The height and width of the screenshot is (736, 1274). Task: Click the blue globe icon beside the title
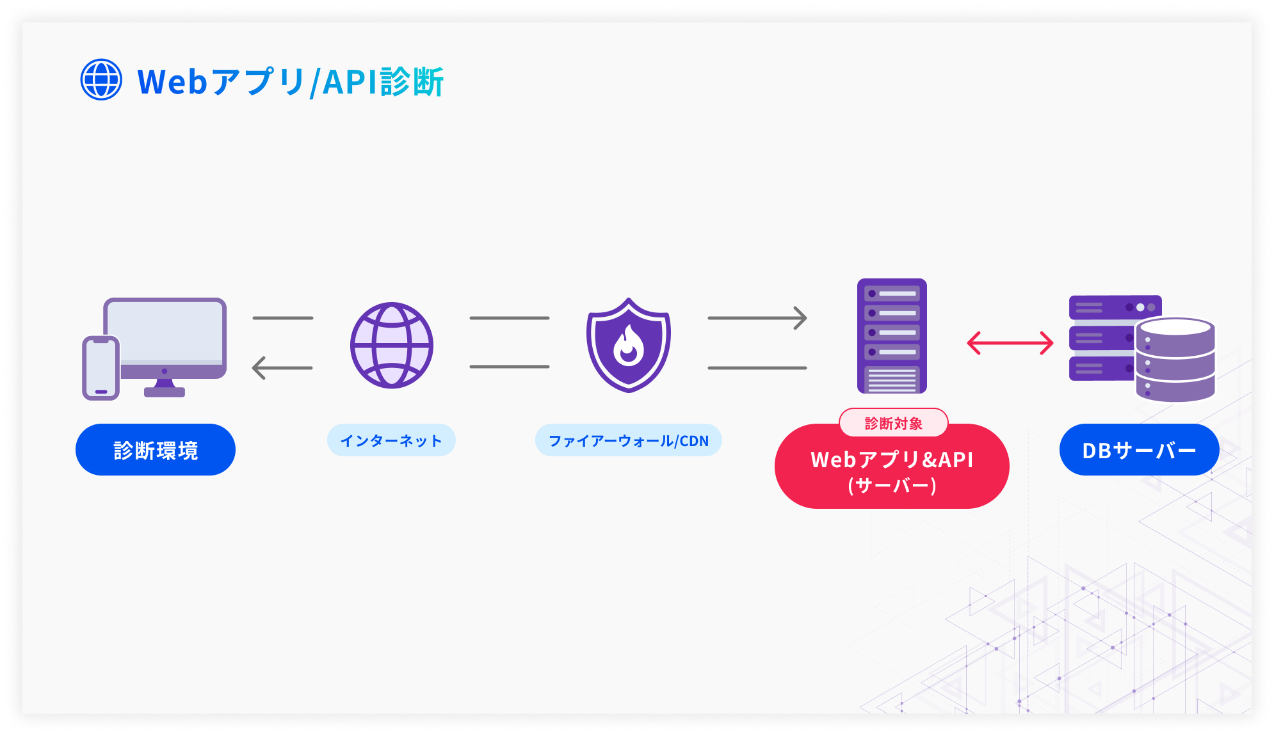pyautogui.click(x=101, y=80)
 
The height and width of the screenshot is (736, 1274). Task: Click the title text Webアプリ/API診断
pyautogui.click(x=290, y=82)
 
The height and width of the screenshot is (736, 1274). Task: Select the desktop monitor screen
pyautogui.click(x=165, y=332)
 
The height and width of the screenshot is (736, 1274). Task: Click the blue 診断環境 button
pyautogui.click(x=156, y=450)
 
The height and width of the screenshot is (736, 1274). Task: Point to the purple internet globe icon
pyautogui.click(x=392, y=345)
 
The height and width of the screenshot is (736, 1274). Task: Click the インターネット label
pyautogui.click(x=391, y=440)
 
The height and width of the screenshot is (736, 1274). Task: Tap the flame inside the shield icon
pyautogui.click(x=629, y=346)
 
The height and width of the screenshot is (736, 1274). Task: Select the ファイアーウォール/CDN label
pyautogui.click(x=629, y=440)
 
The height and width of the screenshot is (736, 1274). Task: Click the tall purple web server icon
pyautogui.click(x=892, y=335)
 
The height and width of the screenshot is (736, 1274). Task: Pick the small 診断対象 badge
pyautogui.click(x=893, y=423)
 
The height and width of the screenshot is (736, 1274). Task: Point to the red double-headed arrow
pyautogui.click(x=1010, y=343)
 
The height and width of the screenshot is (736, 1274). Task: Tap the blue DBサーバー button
pyautogui.click(x=1139, y=450)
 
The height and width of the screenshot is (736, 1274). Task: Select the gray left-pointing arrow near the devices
pyautogui.click(x=282, y=368)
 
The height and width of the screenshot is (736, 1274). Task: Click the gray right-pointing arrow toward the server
pyautogui.click(x=757, y=317)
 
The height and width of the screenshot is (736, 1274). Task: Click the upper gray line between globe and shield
pyautogui.click(x=510, y=317)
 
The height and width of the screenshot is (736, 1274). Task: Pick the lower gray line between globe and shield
pyautogui.click(x=510, y=367)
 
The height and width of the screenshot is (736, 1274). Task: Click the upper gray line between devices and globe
pyautogui.click(x=283, y=317)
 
